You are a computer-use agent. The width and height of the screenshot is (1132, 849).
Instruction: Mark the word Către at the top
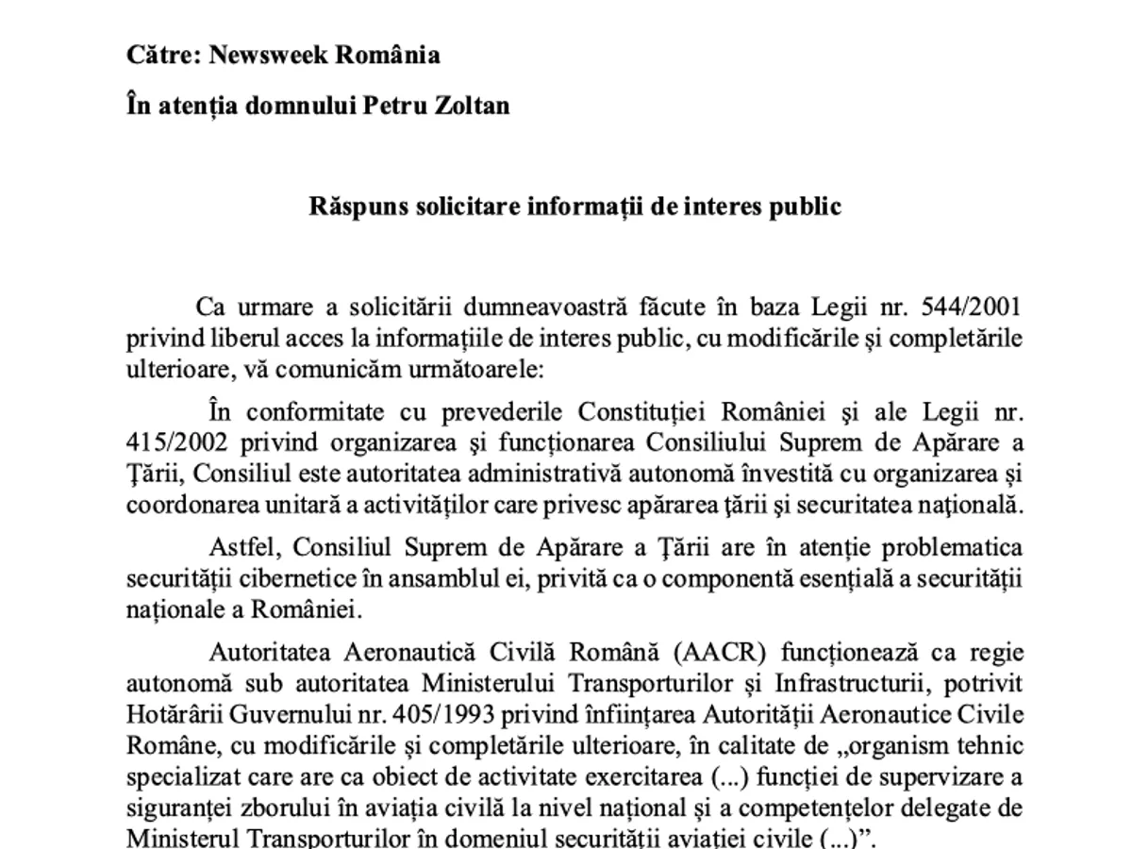coord(161,55)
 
